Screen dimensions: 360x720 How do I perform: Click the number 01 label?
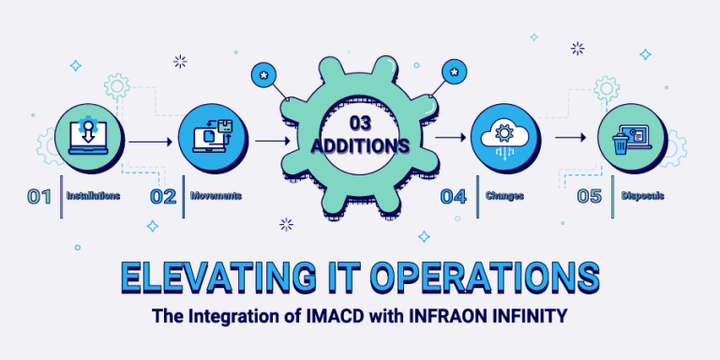[39, 197]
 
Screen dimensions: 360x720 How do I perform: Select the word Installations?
[93, 197]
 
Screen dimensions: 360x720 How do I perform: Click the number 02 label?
[163, 197]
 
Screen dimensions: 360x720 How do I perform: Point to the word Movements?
[217, 197]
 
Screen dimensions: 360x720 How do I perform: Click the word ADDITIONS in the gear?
[360, 147]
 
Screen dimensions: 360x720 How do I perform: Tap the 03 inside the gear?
[360, 124]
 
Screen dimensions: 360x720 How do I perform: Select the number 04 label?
[454, 197]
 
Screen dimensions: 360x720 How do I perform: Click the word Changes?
[503, 197]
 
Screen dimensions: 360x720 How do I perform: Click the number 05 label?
[590, 197]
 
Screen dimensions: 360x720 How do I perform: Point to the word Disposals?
[643, 197]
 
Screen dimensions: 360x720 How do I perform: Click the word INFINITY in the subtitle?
[528, 317]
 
